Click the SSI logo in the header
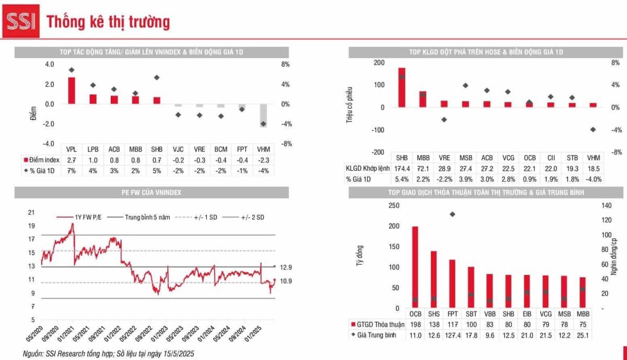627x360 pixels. [x=20, y=22]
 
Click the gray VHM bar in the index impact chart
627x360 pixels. [x=263, y=115]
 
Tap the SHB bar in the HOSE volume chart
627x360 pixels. [x=402, y=87]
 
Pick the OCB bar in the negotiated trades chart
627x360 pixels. [x=415, y=268]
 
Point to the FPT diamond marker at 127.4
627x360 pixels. [x=452, y=214]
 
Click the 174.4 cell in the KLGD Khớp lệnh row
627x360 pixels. [x=402, y=168]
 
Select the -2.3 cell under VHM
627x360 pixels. [x=263, y=160]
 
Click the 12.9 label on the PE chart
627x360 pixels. [x=286, y=268]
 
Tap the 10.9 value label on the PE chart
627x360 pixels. [x=286, y=281]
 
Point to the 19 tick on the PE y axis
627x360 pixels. [x=31, y=226]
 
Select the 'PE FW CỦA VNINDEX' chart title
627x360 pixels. [x=152, y=193]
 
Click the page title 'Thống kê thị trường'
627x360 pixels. [x=108, y=22]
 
